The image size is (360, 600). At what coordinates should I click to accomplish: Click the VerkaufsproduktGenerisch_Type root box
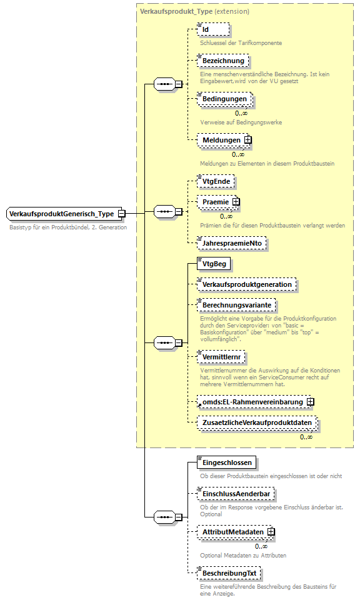(61, 214)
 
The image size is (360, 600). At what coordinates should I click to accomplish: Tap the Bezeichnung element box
(222, 61)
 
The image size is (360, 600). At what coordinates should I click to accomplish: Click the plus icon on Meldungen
(248, 140)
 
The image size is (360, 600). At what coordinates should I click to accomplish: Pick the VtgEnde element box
(216, 181)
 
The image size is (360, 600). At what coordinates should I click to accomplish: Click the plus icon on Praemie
(236, 202)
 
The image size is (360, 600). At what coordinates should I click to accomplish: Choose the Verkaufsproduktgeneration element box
(246, 284)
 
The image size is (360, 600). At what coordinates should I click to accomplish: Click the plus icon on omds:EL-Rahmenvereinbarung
(310, 402)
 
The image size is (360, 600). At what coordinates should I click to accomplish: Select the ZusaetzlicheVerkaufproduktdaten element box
(256, 423)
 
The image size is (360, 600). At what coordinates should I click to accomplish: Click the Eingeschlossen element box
(226, 463)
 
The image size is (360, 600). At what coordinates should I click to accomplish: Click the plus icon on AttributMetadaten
(271, 532)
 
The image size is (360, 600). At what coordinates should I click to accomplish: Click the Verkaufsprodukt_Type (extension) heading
(194, 11)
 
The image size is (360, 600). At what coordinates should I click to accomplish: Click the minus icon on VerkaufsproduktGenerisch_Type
(122, 214)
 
